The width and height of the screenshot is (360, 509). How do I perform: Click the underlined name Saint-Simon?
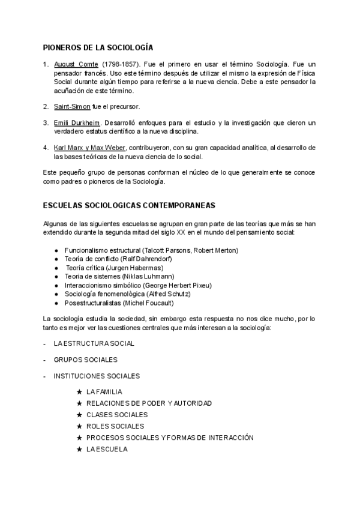pyautogui.click(x=72, y=107)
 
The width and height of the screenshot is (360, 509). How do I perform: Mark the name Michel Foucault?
pyautogui.click(x=157, y=303)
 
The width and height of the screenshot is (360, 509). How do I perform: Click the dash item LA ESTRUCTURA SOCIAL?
pyautogui.click(x=94, y=343)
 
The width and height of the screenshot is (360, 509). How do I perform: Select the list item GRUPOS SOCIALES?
pyautogui.click(x=85, y=360)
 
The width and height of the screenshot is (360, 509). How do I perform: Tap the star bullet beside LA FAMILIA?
pyautogui.click(x=80, y=392)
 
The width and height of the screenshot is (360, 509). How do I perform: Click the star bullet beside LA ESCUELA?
pyautogui.click(x=80, y=448)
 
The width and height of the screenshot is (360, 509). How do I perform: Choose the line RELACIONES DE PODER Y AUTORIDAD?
pyautogui.click(x=149, y=403)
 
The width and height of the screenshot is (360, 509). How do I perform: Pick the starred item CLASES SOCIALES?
pyautogui.click(x=117, y=415)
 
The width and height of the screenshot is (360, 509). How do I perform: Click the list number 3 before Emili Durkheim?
pyautogui.click(x=46, y=123)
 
